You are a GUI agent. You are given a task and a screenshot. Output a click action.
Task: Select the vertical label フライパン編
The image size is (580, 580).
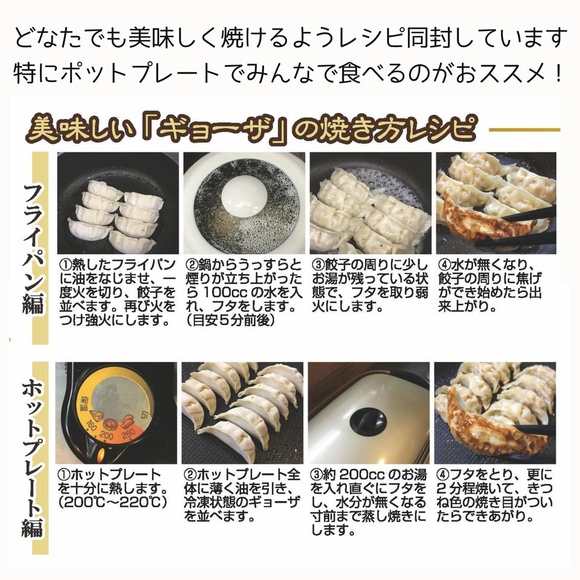coord(34,248)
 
